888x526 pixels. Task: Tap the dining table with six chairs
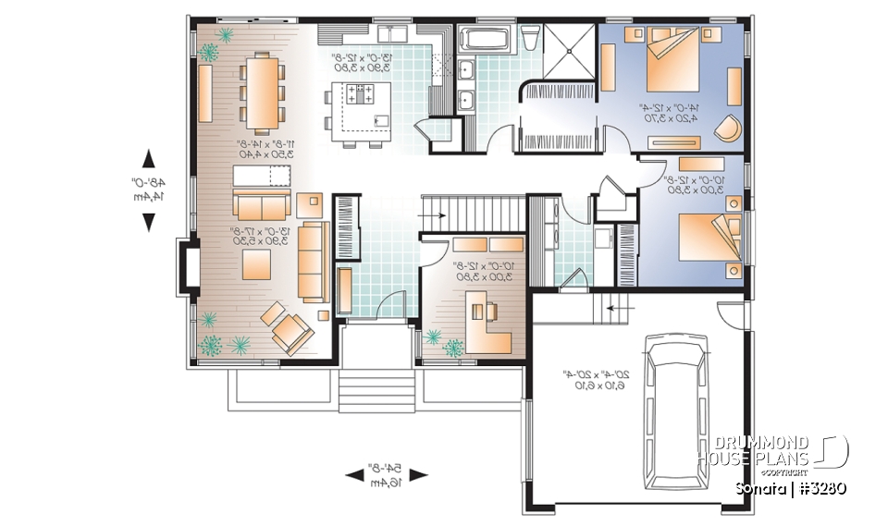[260, 90]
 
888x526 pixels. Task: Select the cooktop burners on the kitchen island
[359, 93]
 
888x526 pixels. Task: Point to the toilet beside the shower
[531, 39]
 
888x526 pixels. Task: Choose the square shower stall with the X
[568, 50]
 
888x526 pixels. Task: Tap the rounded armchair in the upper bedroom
[730, 128]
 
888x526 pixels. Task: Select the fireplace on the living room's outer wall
[186, 266]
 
